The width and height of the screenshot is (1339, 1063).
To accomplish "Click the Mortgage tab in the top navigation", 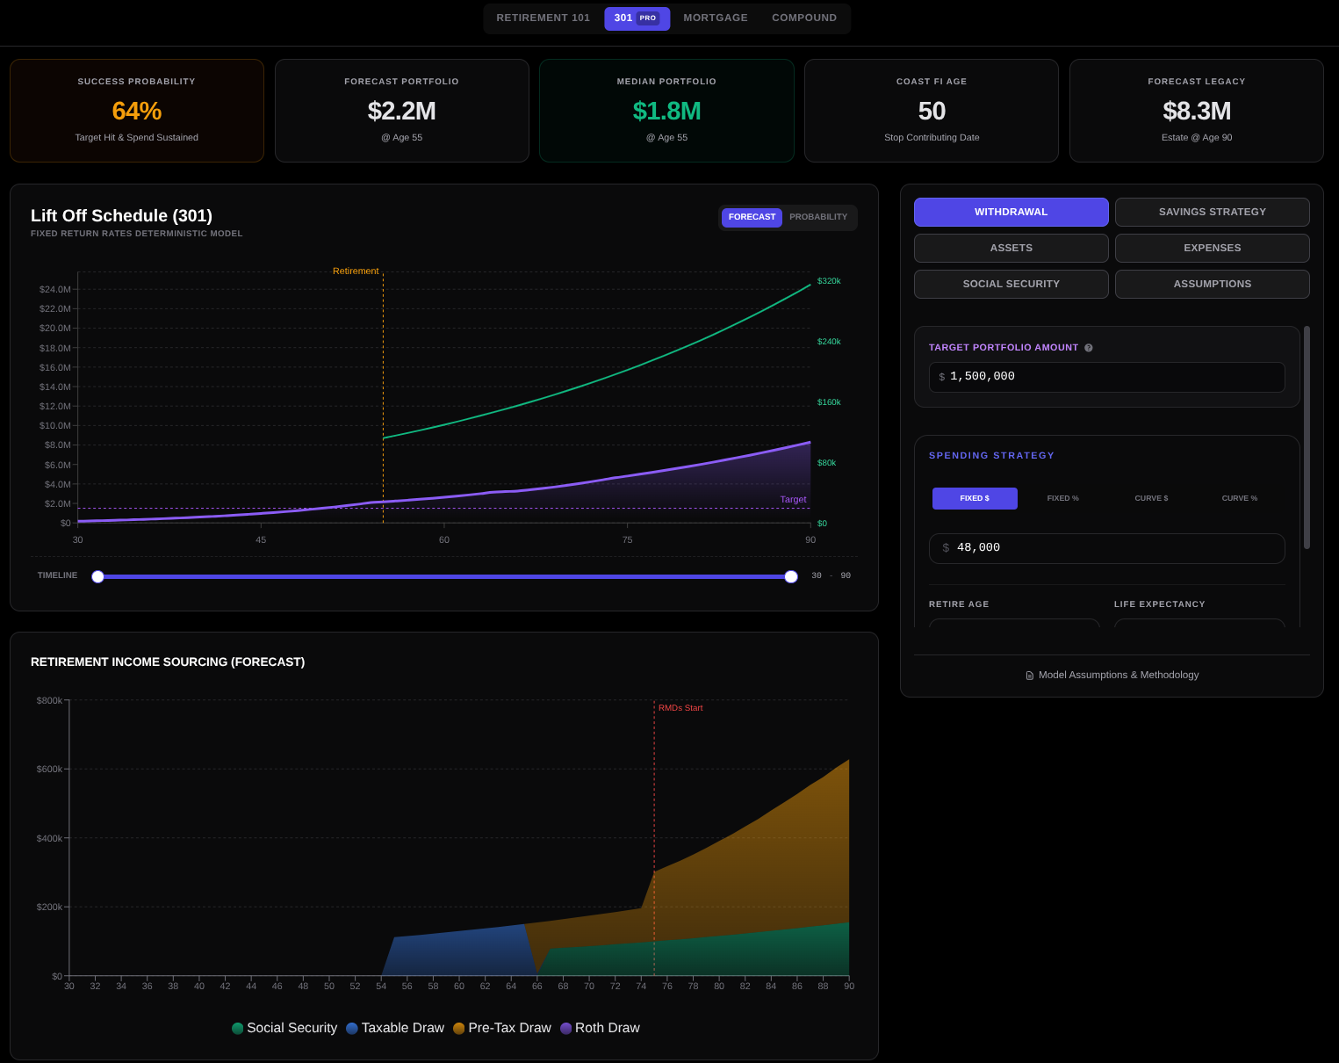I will pyautogui.click(x=716, y=18).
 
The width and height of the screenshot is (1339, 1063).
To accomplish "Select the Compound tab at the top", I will pyautogui.click(x=804, y=18).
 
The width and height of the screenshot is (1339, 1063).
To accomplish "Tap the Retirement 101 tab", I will pyautogui.click(x=543, y=18).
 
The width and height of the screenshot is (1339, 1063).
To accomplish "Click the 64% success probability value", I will pyautogui.click(x=137, y=112).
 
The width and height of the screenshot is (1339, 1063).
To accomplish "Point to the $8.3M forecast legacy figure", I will pyautogui.click(x=1197, y=112).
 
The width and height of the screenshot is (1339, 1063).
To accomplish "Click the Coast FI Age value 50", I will pyautogui.click(x=932, y=112).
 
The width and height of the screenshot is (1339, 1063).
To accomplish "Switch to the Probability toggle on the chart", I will pyautogui.click(x=818, y=217).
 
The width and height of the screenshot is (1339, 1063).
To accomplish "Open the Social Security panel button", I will pyautogui.click(x=1011, y=284).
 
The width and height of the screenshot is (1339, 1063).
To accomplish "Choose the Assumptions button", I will pyautogui.click(x=1212, y=284).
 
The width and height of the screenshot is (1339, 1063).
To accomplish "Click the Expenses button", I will pyautogui.click(x=1212, y=248).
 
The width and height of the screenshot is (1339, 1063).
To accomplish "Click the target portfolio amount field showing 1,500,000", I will pyautogui.click(x=1106, y=377).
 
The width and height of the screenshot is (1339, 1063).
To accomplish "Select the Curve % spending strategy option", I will pyautogui.click(x=1239, y=498).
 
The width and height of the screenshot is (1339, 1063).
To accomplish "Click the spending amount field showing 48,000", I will pyautogui.click(x=1106, y=548).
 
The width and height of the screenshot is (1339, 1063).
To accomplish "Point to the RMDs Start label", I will pyautogui.click(x=680, y=708).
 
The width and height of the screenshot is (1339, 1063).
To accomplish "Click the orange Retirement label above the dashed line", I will pyautogui.click(x=356, y=271).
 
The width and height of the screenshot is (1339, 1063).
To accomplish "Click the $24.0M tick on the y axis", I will pyautogui.click(x=54, y=289).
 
